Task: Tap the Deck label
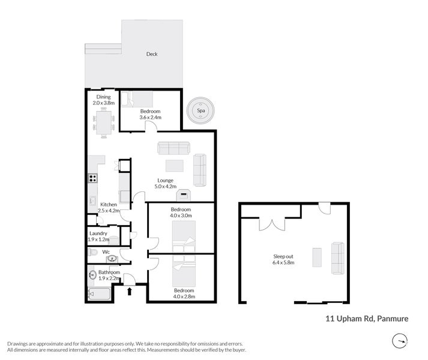tap(152, 54)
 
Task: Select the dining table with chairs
tap(104, 124)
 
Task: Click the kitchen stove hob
tap(93, 178)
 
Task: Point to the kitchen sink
tap(93, 200)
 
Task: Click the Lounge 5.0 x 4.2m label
tap(165, 184)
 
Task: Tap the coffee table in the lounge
tap(174, 166)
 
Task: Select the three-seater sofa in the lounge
tap(173, 148)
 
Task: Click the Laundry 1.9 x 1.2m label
tap(98, 236)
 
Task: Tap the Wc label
tap(106, 252)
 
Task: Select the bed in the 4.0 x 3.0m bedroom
tap(184, 237)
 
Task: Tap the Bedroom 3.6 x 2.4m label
tap(151, 115)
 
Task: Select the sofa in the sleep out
tap(338, 258)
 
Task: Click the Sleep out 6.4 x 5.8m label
tap(283, 259)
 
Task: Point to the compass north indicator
tap(399, 341)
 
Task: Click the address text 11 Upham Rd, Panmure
tap(367, 319)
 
